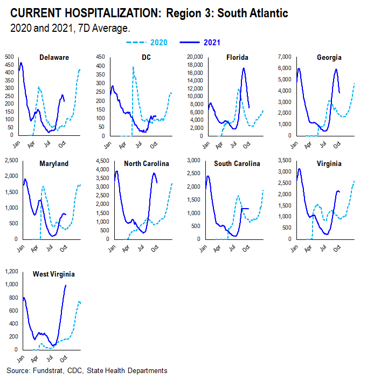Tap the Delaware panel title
(54, 57)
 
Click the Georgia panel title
(329, 57)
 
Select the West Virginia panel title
(54, 274)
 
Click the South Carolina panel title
(237, 163)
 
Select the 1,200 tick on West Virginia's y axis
(9, 271)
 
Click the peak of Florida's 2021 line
(244, 68)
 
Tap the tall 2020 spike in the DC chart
(133, 67)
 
